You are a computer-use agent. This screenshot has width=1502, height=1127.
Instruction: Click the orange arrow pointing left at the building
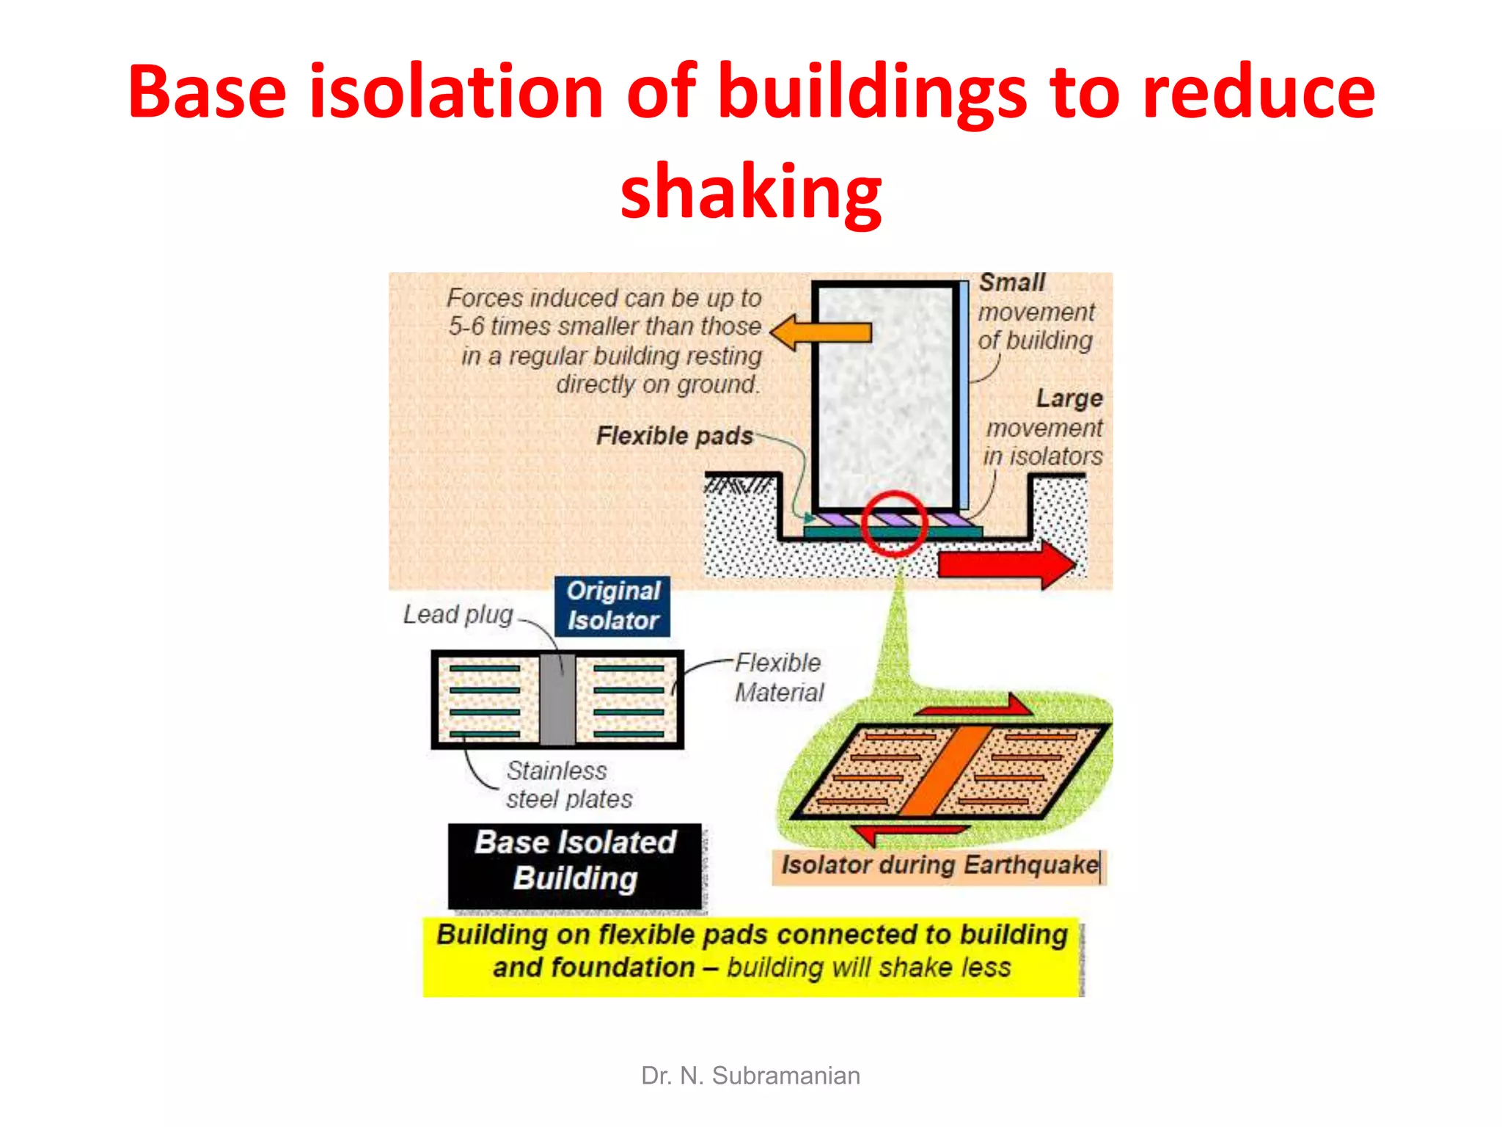click(821, 332)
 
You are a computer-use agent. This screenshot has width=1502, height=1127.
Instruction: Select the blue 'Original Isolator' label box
click(613, 606)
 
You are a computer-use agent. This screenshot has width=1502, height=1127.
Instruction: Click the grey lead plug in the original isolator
click(557, 699)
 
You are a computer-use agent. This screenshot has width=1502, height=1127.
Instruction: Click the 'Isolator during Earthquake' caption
click(939, 865)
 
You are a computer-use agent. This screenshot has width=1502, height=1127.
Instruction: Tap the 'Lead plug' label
click(458, 614)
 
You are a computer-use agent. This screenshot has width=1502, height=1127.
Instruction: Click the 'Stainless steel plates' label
click(568, 784)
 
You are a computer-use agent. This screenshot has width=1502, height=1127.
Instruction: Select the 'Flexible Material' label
click(779, 677)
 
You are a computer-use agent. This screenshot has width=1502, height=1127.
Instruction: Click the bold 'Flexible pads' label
click(674, 436)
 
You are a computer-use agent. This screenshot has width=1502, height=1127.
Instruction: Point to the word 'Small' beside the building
click(1012, 282)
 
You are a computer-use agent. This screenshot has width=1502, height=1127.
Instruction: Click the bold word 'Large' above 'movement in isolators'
click(1069, 398)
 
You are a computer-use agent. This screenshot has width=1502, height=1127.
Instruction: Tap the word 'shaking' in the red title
click(751, 192)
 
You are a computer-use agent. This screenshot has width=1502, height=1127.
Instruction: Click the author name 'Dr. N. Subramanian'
click(750, 1076)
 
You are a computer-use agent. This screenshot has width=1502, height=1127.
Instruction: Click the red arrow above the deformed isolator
click(975, 707)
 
